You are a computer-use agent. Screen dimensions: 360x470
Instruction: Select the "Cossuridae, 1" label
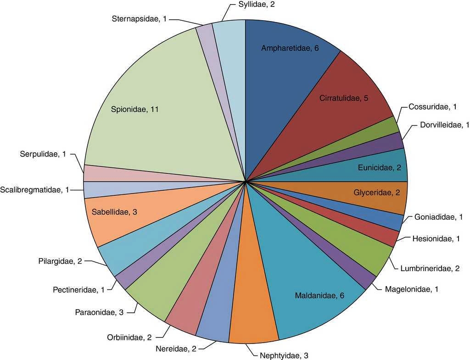click(432, 107)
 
